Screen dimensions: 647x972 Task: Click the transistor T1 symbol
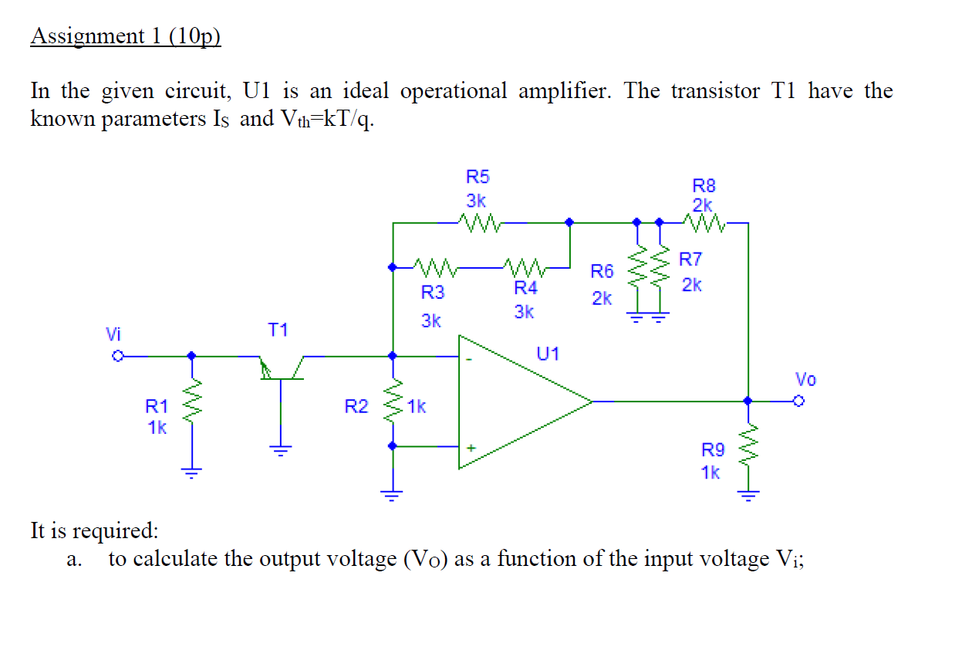(281, 369)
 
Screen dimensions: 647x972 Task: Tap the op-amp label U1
(548, 354)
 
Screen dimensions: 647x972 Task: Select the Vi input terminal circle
(118, 357)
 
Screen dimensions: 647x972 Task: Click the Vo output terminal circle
(798, 401)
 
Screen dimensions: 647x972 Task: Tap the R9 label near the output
(712, 449)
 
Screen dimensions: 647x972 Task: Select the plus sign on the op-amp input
(469, 446)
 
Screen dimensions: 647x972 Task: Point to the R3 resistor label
(433, 293)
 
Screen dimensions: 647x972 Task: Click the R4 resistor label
(525, 289)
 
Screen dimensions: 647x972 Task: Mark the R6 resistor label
(602, 271)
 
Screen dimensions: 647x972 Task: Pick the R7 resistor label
(691, 259)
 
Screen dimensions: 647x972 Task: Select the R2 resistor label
(356, 406)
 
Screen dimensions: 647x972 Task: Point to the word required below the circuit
(114, 531)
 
